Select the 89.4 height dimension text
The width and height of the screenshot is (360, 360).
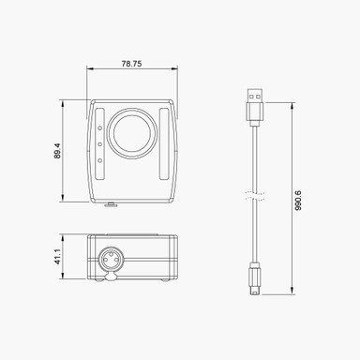pyautogui.click(x=56, y=150)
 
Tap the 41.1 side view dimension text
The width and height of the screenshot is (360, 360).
pyautogui.click(x=56, y=257)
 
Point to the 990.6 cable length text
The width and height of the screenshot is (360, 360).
pyautogui.click(x=298, y=200)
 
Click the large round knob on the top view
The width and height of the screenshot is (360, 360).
pyautogui.click(x=131, y=134)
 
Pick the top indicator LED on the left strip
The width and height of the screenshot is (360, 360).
pyautogui.click(x=100, y=128)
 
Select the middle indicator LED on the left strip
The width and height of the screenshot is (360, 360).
pyautogui.click(x=100, y=144)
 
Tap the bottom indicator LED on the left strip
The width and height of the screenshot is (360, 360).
pyautogui.click(x=100, y=160)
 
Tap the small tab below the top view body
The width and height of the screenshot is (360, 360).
pyautogui.click(x=112, y=203)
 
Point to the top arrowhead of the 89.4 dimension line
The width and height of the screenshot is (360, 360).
pyautogui.click(x=64, y=101)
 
